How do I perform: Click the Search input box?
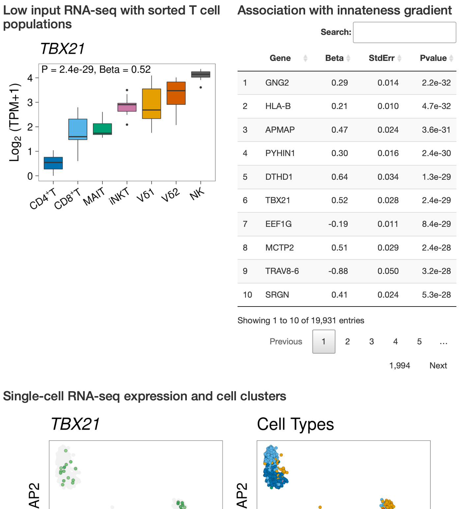pyautogui.click(x=404, y=32)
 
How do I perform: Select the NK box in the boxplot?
pyautogui.click(x=201, y=74)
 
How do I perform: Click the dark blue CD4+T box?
pyautogui.click(x=53, y=163)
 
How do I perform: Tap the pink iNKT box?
pyautogui.click(x=127, y=107)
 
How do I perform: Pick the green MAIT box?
pyautogui.click(x=102, y=129)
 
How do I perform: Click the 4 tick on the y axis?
pyautogui.click(x=30, y=78)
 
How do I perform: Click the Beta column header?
pyautogui.click(x=334, y=58)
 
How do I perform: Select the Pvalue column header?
pyautogui.click(x=433, y=58)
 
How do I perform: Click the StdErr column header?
pyautogui.click(x=381, y=58)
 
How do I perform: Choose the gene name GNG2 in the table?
pyautogui.click(x=277, y=83)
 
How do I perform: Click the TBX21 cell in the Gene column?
pyautogui.click(x=278, y=200)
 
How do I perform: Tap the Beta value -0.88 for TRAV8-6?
pyautogui.click(x=338, y=271)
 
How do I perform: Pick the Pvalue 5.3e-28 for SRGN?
pyautogui.click(x=436, y=295)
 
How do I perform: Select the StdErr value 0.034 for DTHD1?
pyautogui.click(x=388, y=177)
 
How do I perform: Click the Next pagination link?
pyautogui.click(x=438, y=365)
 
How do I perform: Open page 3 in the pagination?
pyautogui.click(x=371, y=342)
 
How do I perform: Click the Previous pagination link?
pyautogui.click(x=286, y=342)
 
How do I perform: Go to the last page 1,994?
pyautogui.click(x=399, y=365)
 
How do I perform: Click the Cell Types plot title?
pyautogui.click(x=295, y=424)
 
